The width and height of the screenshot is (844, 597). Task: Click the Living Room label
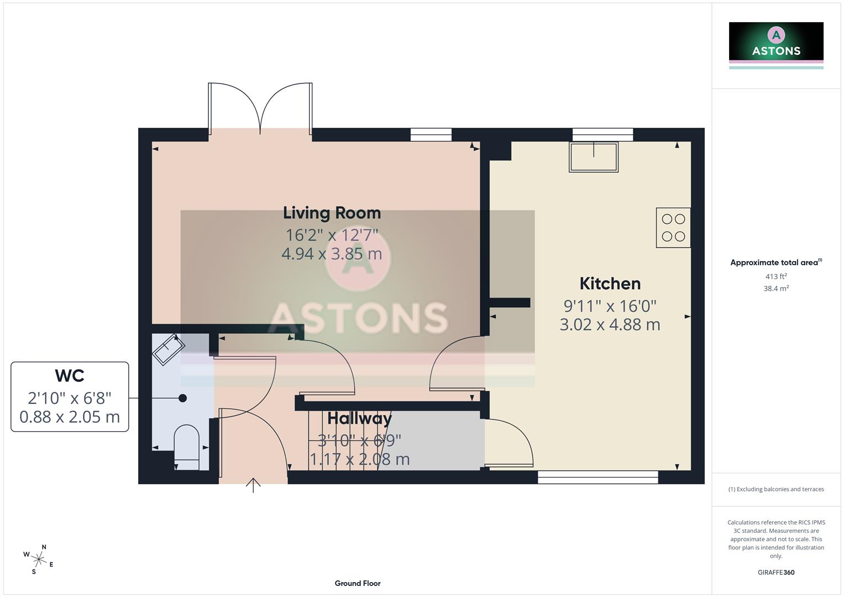(x=332, y=213)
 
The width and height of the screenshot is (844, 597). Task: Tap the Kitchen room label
(x=610, y=284)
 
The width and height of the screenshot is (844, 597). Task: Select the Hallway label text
(x=359, y=418)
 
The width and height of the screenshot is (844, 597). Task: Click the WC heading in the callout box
(x=70, y=376)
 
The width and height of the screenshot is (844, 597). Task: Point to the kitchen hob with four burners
(x=673, y=228)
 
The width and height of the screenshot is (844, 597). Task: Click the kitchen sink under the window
(x=594, y=157)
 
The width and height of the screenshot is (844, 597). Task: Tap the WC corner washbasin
(x=168, y=349)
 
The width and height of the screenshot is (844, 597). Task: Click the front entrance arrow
(x=253, y=485)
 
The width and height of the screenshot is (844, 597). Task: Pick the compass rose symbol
(x=38, y=559)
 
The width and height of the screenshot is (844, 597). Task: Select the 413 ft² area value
(x=776, y=276)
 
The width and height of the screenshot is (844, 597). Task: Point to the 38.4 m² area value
(x=776, y=289)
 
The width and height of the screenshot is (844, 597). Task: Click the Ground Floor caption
(x=358, y=583)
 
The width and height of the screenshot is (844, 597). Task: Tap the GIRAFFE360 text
(x=776, y=572)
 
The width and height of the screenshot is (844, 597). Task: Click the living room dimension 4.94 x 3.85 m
(x=332, y=254)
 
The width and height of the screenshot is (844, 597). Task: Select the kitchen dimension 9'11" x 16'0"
(x=610, y=306)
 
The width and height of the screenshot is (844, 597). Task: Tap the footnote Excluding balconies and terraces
(x=776, y=489)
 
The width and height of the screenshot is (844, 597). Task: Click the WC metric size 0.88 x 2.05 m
(x=70, y=417)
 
